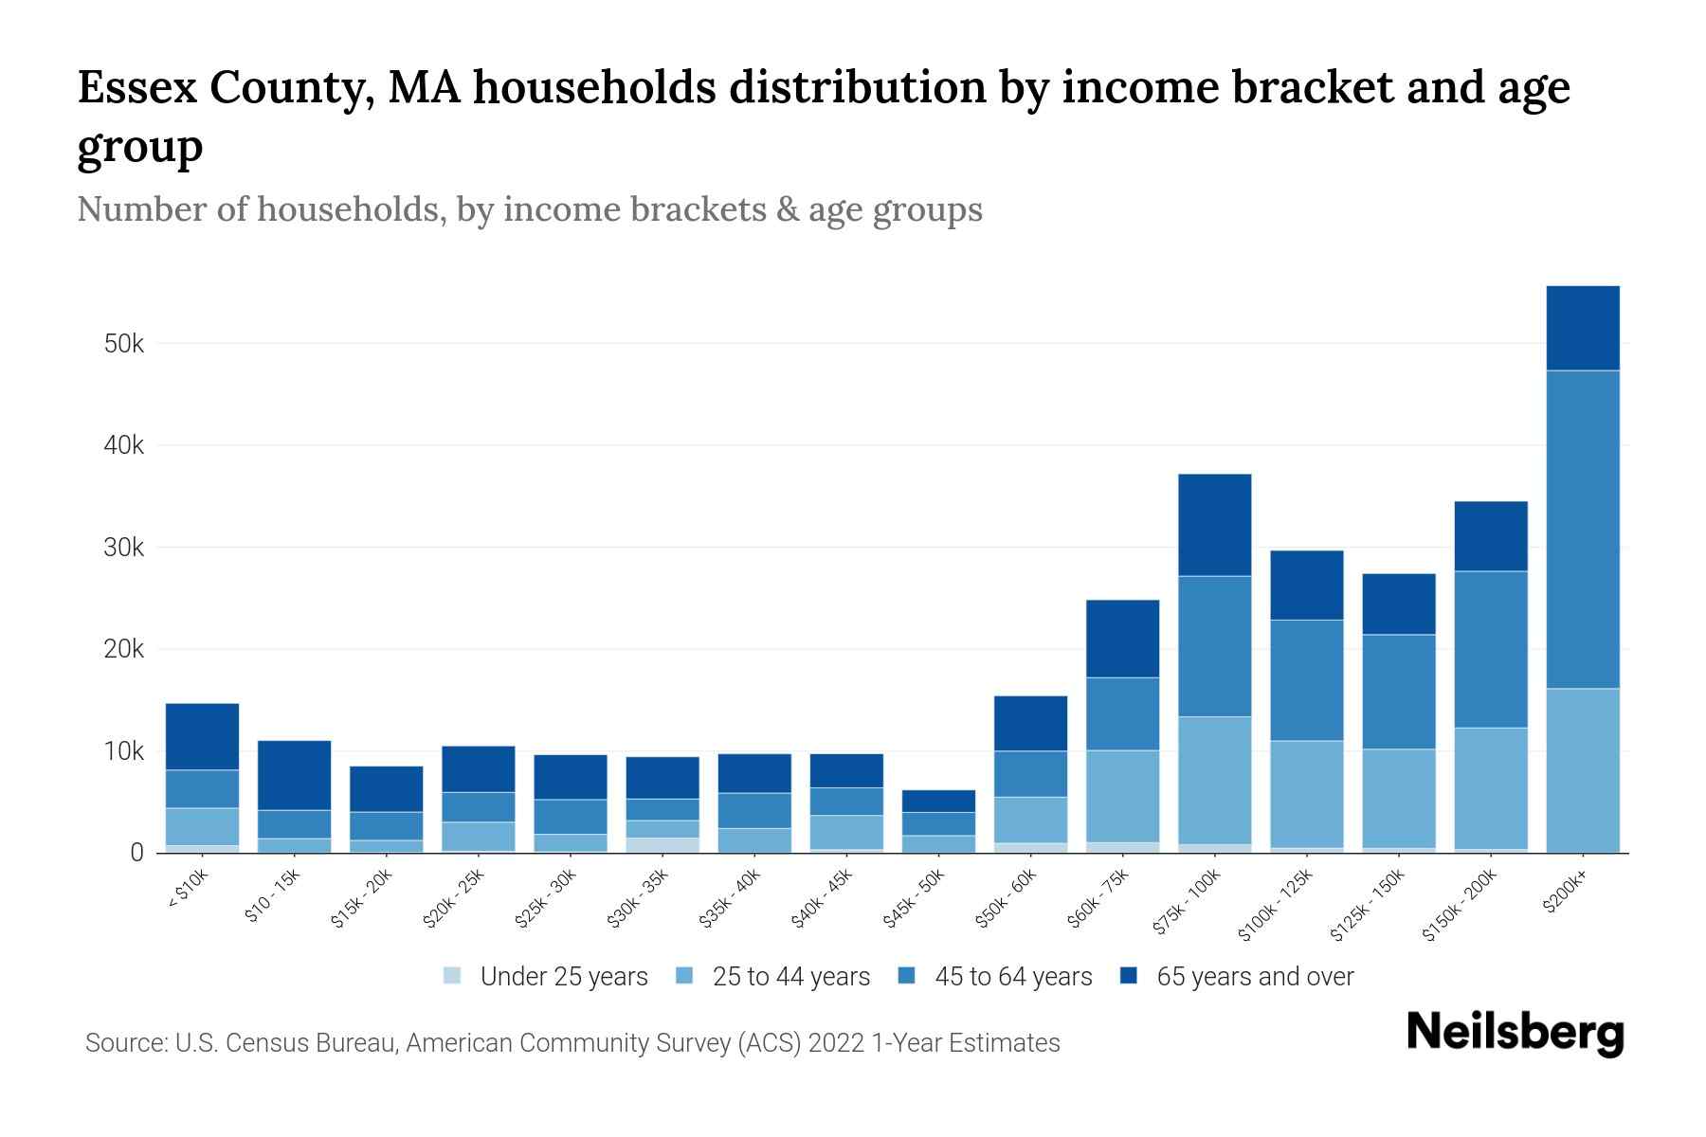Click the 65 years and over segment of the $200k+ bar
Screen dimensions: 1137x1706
(1582, 328)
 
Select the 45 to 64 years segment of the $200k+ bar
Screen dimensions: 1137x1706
(1582, 529)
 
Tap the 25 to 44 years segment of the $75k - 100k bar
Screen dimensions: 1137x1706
(1214, 780)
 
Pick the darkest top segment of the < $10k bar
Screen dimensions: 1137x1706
(202, 736)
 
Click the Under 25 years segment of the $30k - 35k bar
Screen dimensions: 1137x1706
(662, 845)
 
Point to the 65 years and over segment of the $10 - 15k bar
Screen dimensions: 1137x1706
(294, 775)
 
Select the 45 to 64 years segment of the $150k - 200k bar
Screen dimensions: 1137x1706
(1490, 649)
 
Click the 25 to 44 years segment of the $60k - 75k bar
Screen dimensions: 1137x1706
(1122, 796)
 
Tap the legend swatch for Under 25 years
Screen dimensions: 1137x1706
(453, 976)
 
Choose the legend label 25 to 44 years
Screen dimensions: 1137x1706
(790, 977)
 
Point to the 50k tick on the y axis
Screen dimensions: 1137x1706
(124, 344)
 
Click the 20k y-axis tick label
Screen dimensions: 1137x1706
(124, 650)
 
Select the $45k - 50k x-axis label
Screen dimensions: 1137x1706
(914, 899)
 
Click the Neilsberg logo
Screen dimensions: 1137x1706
(1515, 1034)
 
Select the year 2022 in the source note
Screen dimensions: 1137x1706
(837, 1043)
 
